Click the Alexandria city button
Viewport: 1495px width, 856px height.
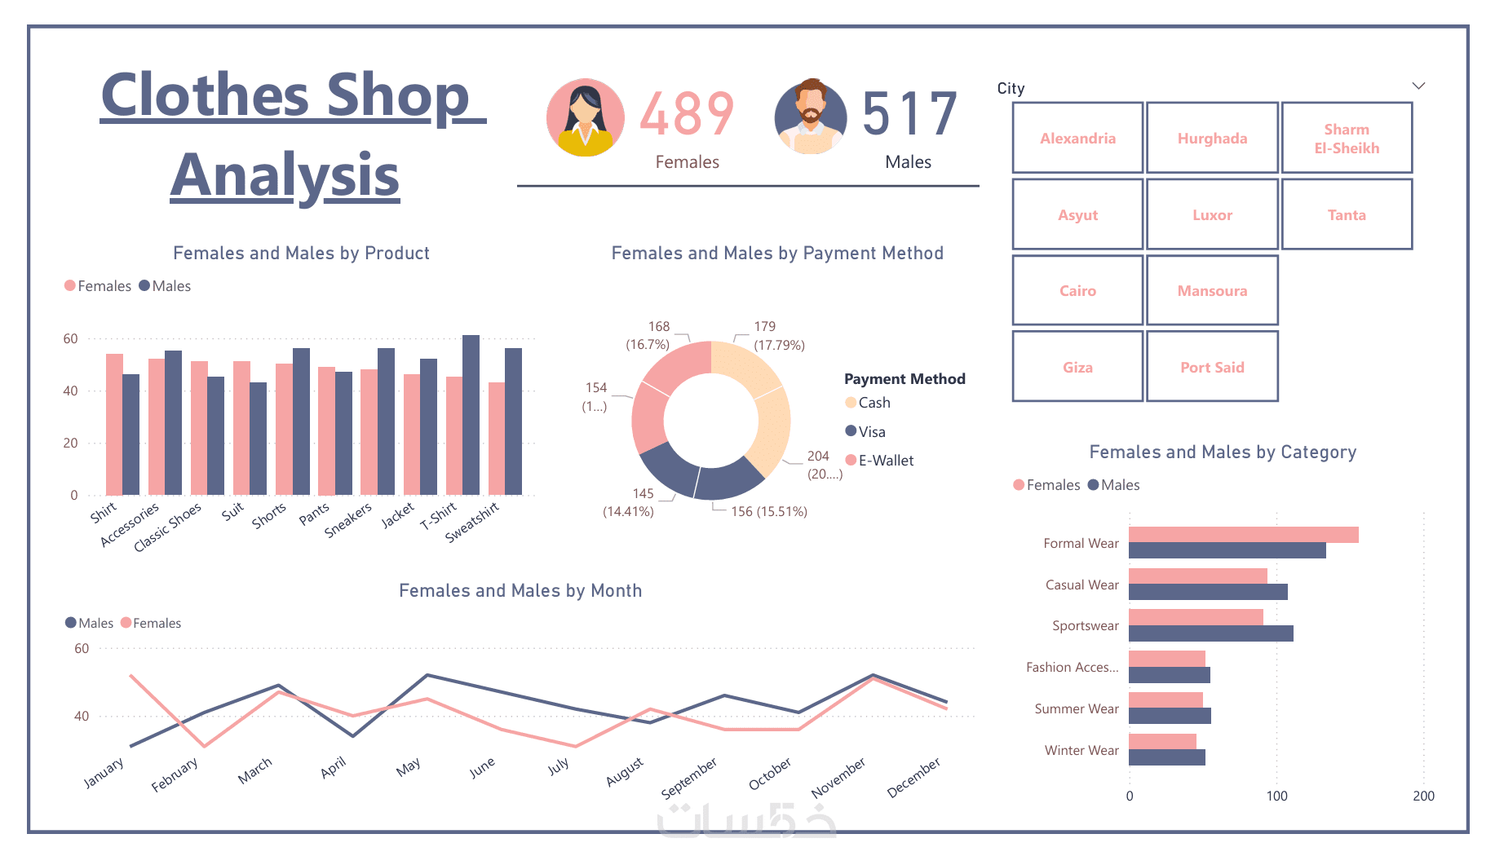[1077, 138]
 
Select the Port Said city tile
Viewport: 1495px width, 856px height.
[1212, 367]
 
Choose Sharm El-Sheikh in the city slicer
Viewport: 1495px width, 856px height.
[1347, 139]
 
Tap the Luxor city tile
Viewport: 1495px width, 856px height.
[1212, 214]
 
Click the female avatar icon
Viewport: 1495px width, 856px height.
[585, 117]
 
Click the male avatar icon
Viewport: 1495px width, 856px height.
[811, 117]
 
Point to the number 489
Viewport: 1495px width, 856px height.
[687, 114]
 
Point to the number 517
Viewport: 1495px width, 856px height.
[909, 114]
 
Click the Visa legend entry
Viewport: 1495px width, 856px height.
[870, 431]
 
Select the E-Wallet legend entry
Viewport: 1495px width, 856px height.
[885, 461]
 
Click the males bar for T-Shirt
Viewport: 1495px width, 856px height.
[471, 415]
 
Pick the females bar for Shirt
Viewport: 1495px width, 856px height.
[114, 424]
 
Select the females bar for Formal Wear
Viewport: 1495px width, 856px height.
[1243, 535]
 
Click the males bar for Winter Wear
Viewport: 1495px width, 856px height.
[1166, 757]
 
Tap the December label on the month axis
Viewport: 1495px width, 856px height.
[913, 777]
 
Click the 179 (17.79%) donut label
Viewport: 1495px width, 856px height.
[778, 335]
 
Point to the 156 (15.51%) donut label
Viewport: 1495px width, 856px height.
[768, 512]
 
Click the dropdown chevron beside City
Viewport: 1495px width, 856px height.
[1418, 86]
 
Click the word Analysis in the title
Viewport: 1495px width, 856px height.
[285, 175]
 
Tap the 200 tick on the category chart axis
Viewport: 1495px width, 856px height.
[1423, 796]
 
